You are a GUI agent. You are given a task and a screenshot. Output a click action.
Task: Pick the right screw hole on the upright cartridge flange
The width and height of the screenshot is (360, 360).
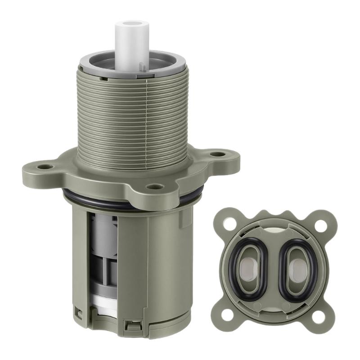(219, 154)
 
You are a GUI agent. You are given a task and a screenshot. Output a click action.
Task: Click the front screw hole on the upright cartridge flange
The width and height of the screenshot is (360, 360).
(154, 186)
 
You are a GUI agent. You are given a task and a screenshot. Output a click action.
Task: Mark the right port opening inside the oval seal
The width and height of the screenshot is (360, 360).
(298, 269)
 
